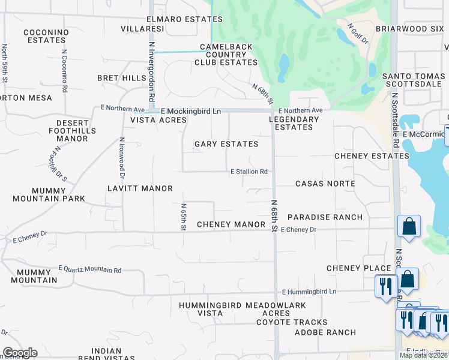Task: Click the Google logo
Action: coord(20,353)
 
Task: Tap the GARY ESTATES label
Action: coord(226,144)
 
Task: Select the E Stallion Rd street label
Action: coord(249,172)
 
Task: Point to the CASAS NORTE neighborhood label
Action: coord(325,184)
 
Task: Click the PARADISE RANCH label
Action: coord(325,217)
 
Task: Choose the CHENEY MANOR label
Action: coord(231,224)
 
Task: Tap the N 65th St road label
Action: coord(184,217)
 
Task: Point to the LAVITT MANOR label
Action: coord(140,188)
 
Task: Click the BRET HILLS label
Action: coord(122,78)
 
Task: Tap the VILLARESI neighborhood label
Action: coord(142,29)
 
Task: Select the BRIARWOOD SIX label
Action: coord(409,29)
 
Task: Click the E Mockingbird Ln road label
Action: coord(191,112)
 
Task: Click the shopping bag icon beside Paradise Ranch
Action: coord(409,227)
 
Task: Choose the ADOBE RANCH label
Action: coord(325,332)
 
